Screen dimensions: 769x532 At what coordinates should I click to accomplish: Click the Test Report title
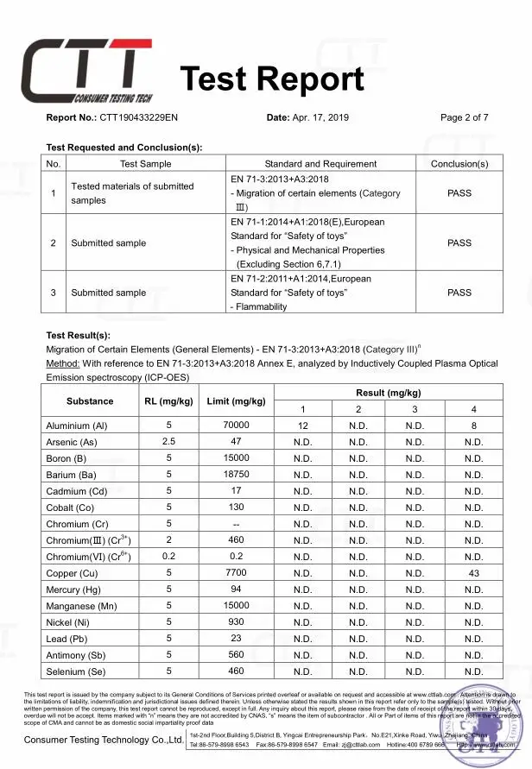(x=272, y=79)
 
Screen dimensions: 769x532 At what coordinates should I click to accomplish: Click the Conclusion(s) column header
(x=459, y=163)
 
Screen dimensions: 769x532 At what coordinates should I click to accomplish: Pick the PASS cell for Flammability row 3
(x=459, y=293)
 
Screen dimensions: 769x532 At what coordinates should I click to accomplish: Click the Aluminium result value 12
(x=303, y=425)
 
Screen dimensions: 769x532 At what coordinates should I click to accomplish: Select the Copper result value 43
(x=473, y=572)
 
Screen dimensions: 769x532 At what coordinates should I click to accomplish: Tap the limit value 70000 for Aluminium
(x=236, y=425)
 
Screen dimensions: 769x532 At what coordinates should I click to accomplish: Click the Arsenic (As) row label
(x=75, y=442)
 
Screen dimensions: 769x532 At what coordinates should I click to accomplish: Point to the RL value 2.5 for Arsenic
(x=169, y=442)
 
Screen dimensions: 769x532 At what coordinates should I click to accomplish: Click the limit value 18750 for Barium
(x=236, y=475)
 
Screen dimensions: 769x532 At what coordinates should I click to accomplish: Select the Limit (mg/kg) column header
(x=236, y=401)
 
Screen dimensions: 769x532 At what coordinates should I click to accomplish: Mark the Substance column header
(x=90, y=401)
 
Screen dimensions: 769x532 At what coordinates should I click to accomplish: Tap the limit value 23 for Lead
(x=236, y=639)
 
